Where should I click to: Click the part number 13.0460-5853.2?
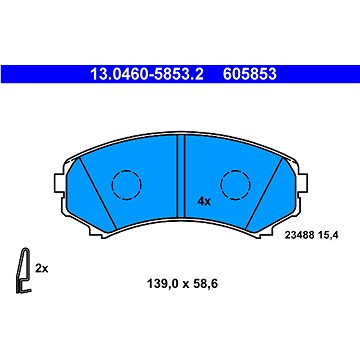click(147, 74)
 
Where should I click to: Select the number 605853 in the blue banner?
click(250, 74)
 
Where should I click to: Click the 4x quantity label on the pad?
click(204, 201)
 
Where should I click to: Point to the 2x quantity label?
click(42, 268)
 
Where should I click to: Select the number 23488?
click(299, 236)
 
